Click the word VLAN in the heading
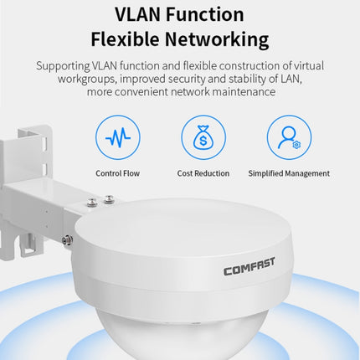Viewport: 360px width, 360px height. (138, 14)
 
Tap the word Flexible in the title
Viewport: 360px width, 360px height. (125, 39)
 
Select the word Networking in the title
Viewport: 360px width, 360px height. (217, 40)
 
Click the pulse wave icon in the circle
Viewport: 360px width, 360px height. (118, 137)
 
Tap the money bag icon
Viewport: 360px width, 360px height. (203, 137)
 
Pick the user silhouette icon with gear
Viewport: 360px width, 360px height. (289, 137)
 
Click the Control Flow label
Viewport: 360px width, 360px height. (117, 173)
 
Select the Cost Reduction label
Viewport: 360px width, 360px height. (203, 173)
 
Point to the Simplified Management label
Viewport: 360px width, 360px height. (289, 173)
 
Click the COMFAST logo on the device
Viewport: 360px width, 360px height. (249, 267)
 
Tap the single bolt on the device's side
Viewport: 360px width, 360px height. (67, 240)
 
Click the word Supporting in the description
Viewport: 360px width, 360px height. (63, 66)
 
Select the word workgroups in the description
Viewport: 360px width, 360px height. (87, 80)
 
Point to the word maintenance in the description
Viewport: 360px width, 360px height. (244, 92)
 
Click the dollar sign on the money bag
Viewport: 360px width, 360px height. (203, 141)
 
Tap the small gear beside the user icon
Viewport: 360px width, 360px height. (296, 145)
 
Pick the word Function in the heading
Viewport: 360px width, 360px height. (205, 14)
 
